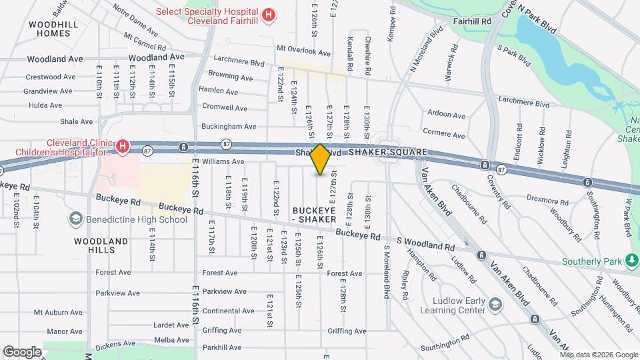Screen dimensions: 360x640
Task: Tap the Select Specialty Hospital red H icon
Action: click(268, 14)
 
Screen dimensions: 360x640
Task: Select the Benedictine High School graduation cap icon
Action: click(75, 219)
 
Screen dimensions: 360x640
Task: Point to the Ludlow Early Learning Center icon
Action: click(495, 305)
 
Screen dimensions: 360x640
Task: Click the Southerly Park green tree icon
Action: click(631, 261)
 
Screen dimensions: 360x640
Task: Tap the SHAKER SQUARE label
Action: click(387, 153)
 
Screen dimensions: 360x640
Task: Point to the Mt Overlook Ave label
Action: click(303, 52)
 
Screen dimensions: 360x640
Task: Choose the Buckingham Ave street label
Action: click(229, 126)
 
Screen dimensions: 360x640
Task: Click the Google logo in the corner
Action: click(22, 351)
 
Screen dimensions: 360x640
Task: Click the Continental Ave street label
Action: click(228, 311)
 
